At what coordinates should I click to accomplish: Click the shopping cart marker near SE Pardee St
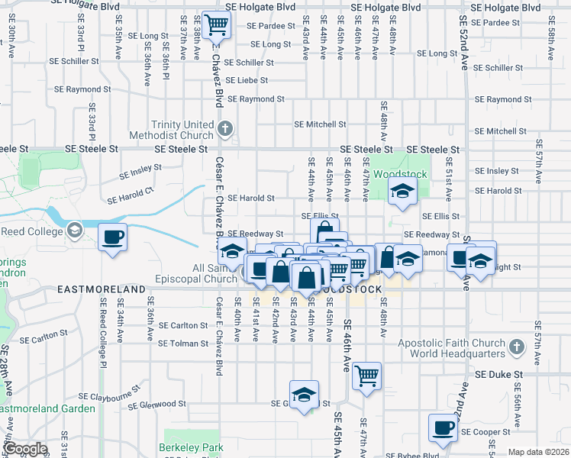(x=217, y=25)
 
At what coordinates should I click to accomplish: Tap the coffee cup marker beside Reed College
(x=112, y=237)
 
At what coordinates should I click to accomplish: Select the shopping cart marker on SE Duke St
(x=367, y=376)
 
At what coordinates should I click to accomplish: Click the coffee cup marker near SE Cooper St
(x=442, y=427)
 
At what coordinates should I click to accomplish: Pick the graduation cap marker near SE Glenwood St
(x=305, y=395)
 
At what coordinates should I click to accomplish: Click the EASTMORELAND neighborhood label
(x=102, y=291)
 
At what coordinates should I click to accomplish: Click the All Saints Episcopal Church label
(x=215, y=273)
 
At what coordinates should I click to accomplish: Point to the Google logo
(x=25, y=449)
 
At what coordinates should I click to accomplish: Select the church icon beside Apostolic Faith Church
(x=517, y=348)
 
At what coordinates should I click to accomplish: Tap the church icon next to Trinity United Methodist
(x=224, y=127)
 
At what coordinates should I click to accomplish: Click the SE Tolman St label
(x=182, y=343)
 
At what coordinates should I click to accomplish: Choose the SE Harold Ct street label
(x=131, y=198)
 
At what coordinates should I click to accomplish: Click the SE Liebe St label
(x=245, y=80)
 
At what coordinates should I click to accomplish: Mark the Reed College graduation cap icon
(x=75, y=230)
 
